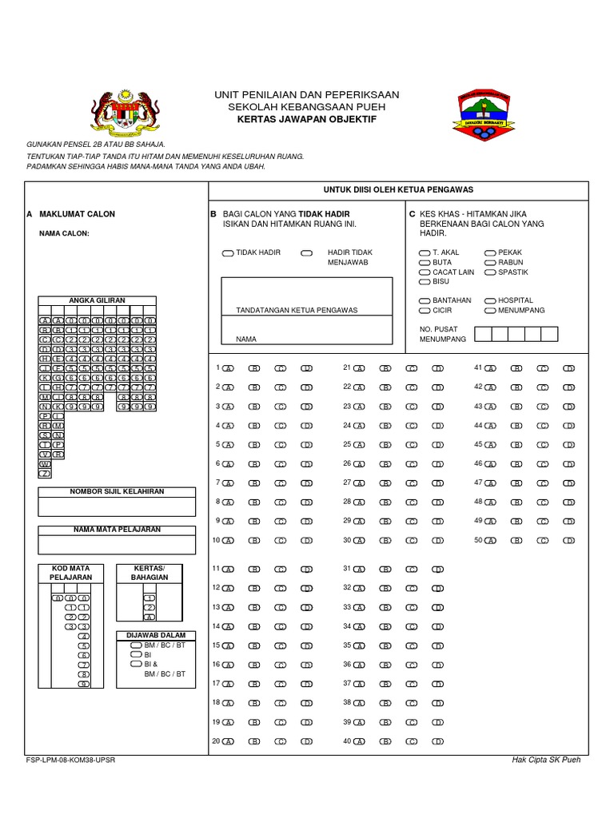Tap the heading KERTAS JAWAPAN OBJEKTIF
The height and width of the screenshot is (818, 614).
coord(307,119)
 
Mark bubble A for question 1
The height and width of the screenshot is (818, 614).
coord(229,368)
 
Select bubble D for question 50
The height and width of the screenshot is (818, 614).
coord(568,541)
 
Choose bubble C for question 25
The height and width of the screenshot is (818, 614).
coord(411,445)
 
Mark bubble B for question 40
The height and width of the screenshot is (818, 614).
coord(385,741)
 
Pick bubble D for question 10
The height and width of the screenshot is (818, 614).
coord(306,541)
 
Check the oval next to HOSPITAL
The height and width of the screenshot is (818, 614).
coord(489,301)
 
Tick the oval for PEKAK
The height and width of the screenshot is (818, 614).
coord(489,253)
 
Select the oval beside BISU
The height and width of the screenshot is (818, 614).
coord(424,282)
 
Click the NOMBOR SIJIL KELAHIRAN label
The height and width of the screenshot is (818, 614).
coord(117,491)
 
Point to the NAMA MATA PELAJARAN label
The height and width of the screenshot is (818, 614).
coord(117,530)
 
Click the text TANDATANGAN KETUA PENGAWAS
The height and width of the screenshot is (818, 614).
coord(297,310)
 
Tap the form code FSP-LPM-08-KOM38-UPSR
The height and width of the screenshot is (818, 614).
coord(71,760)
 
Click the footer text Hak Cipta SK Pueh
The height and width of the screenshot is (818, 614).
coord(546,760)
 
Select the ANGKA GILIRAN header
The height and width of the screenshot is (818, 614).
coord(98,300)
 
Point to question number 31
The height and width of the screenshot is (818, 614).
coord(347,568)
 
